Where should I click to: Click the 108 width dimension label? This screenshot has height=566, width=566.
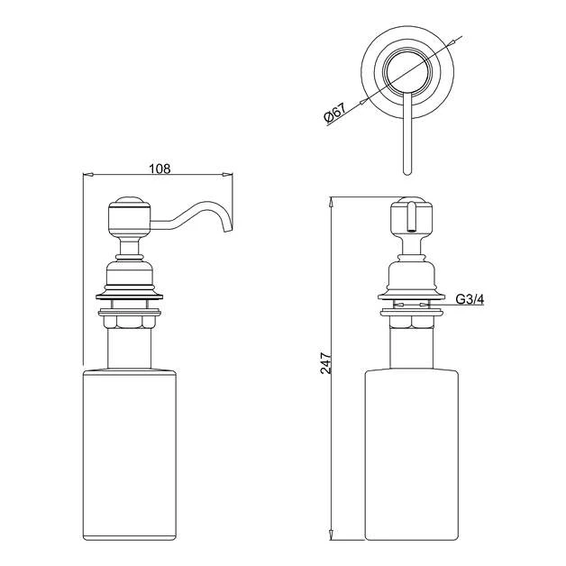tap(160, 168)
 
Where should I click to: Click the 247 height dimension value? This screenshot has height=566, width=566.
tap(326, 363)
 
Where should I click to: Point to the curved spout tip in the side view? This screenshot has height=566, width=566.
tap(226, 229)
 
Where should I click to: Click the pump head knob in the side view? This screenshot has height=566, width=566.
tap(125, 216)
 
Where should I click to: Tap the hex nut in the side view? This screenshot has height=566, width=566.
tap(126, 318)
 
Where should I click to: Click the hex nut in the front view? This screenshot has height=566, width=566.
tap(410, 318)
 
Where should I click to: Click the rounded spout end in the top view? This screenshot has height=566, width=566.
tap(405, 169)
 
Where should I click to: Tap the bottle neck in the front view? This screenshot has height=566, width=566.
tap(410, 347)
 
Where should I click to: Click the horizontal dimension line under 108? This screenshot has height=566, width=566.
tap(160, 176)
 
